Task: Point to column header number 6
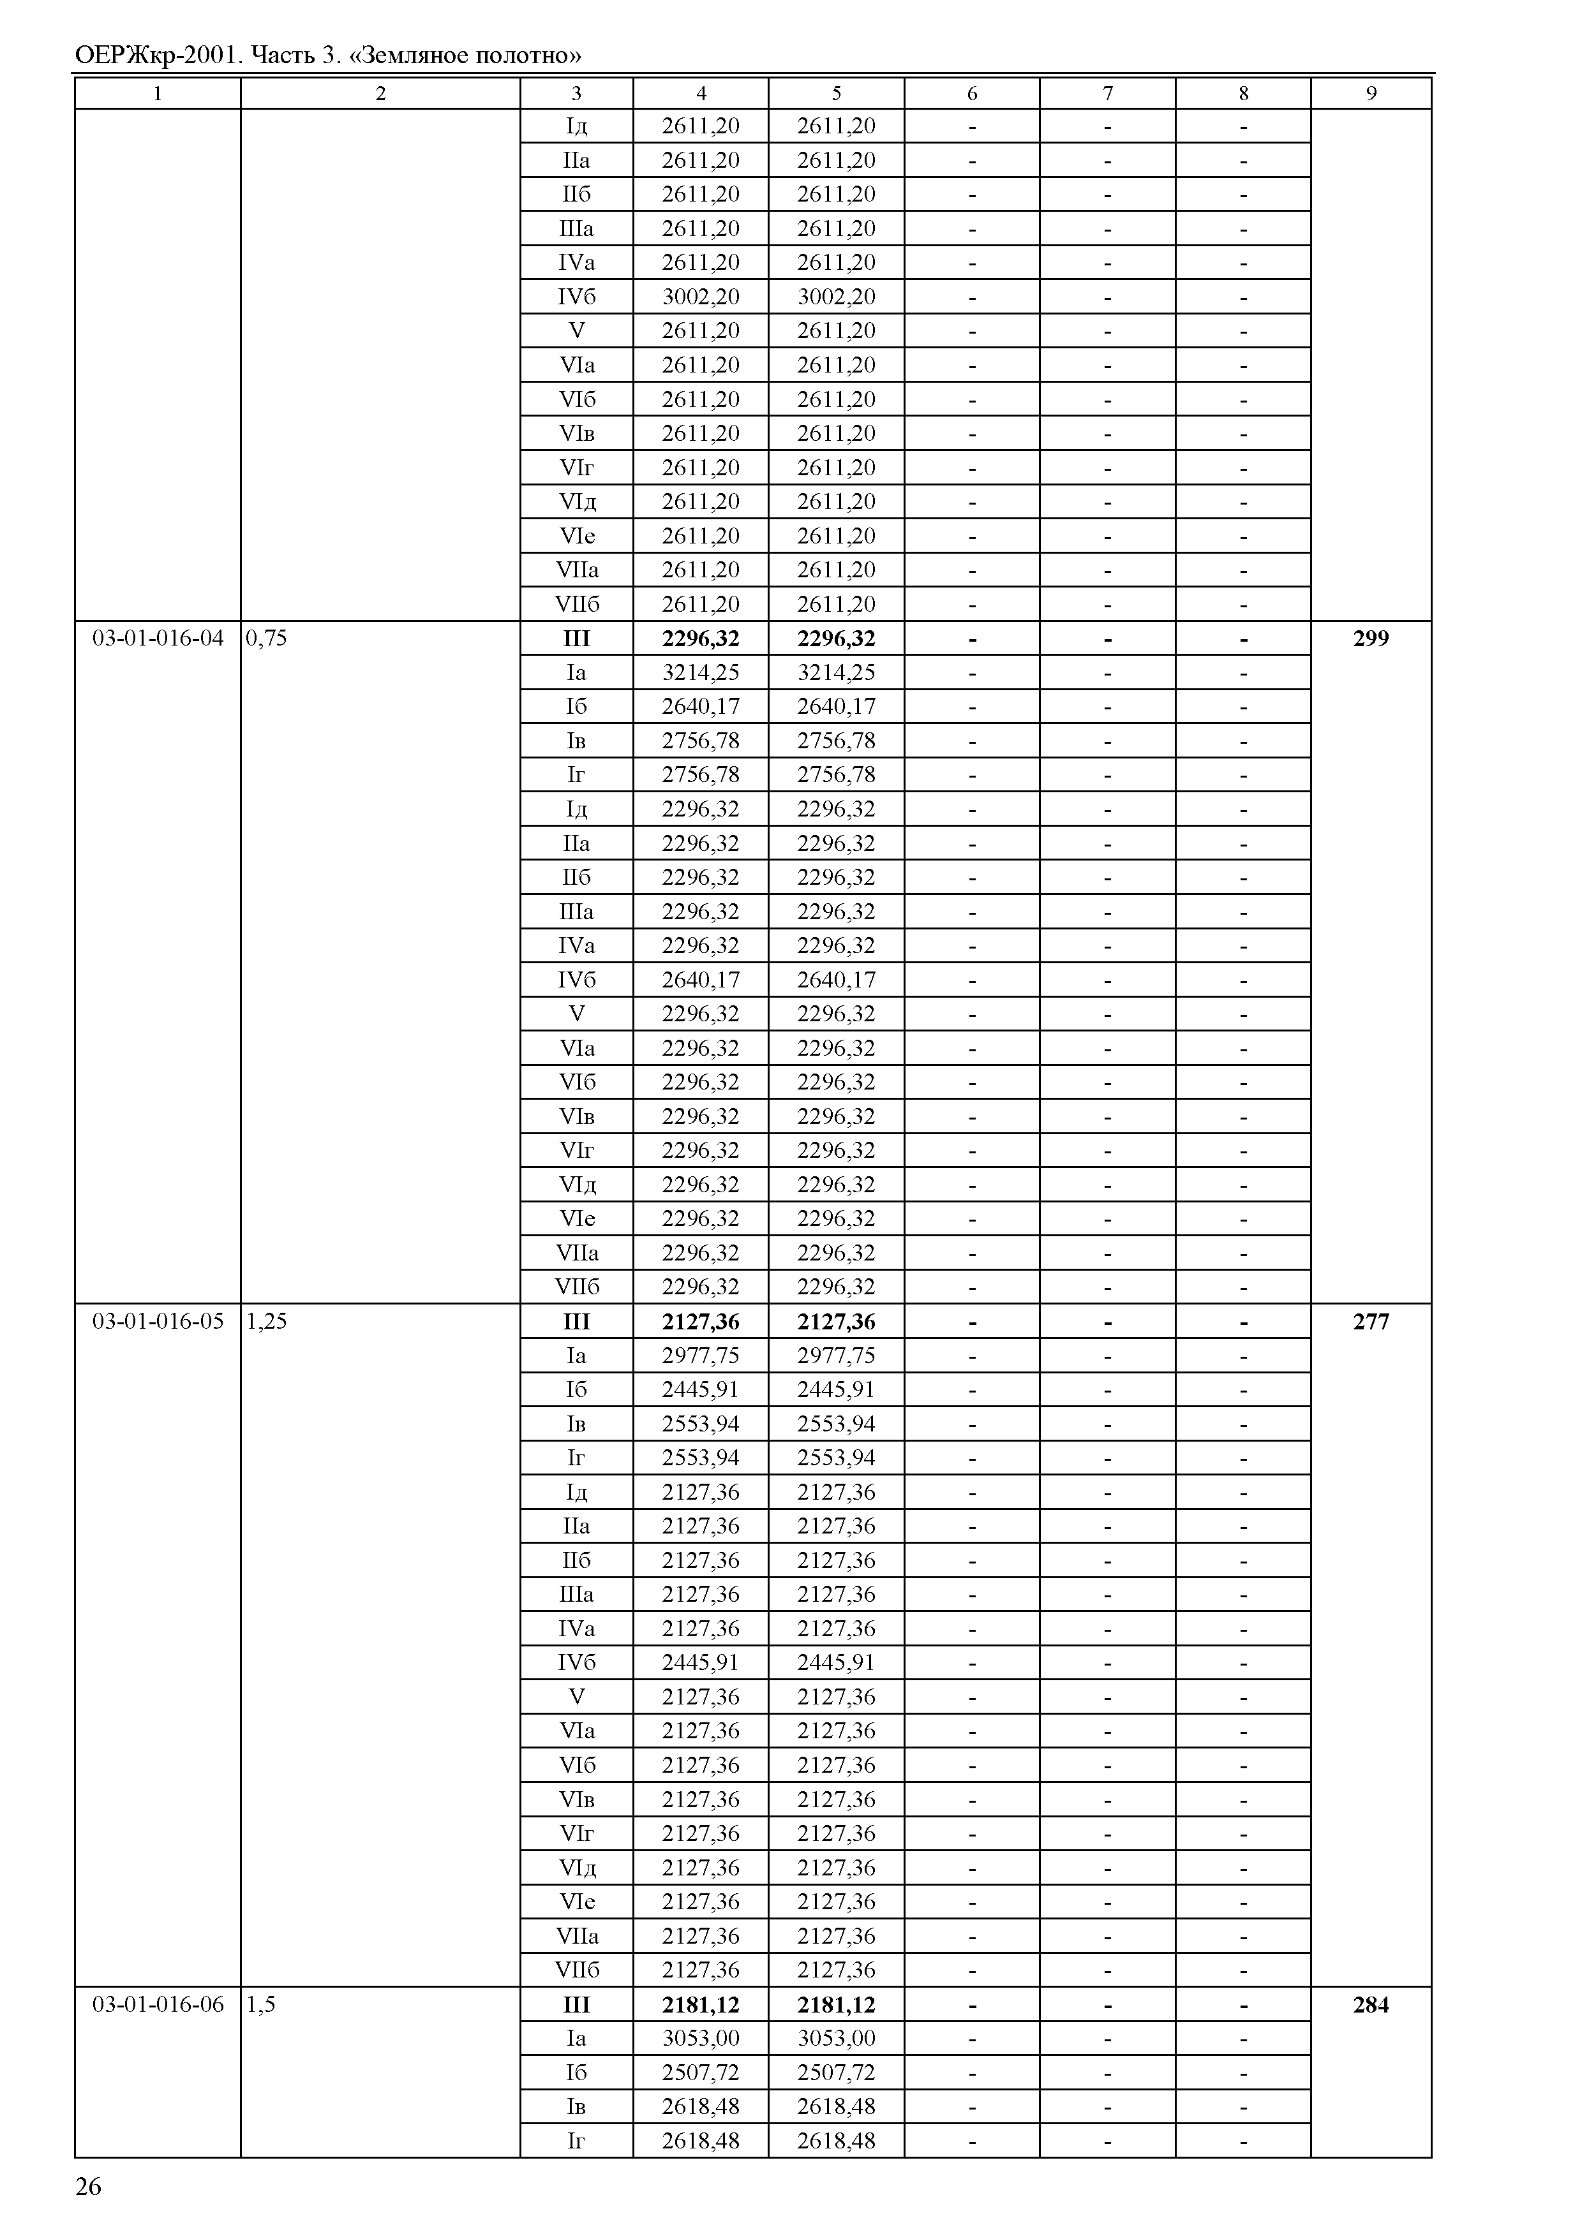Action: pos(972,93)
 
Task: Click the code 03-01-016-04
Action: pos(158,639)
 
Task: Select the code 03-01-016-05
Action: pos(158,1322)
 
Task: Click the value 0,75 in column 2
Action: pos(260,639)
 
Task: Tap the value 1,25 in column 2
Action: pos(260,1322)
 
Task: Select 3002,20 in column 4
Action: pos(701,297)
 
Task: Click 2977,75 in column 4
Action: pos(701,1356)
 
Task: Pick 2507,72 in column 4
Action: pos(701,2073)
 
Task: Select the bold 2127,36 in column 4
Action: pos(701,1322)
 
